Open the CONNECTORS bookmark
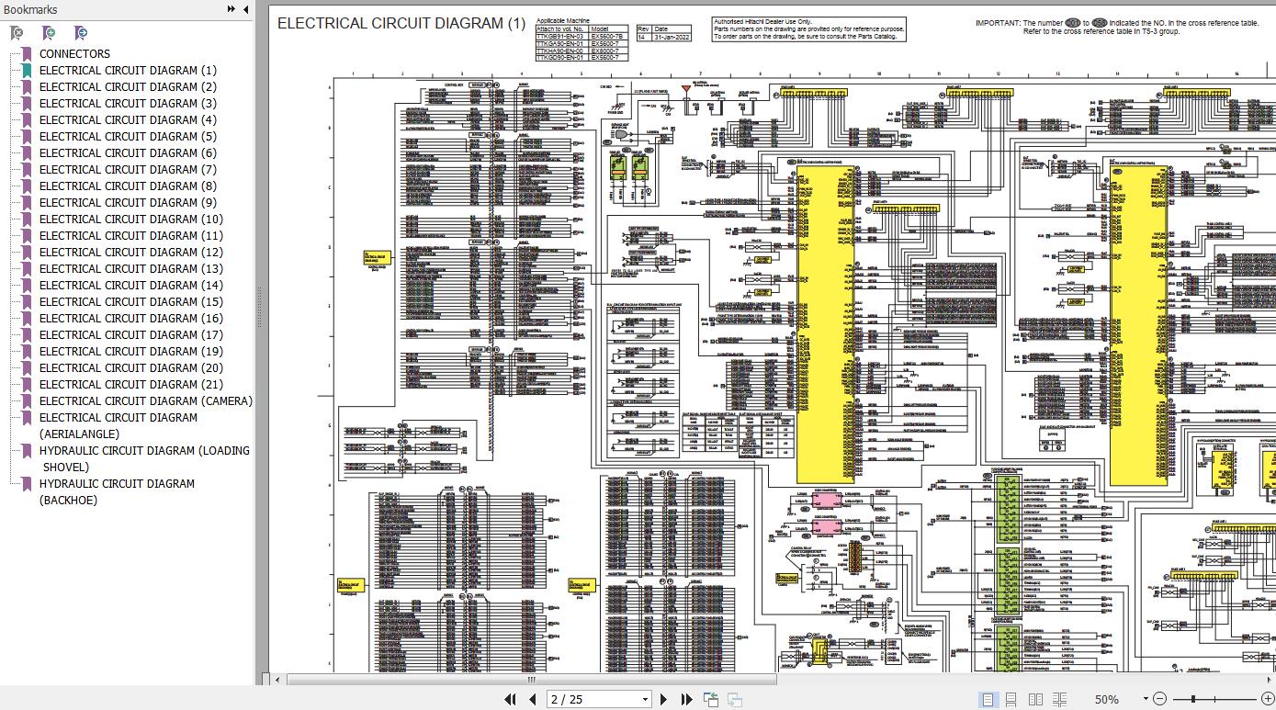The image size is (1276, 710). tap(74, 53)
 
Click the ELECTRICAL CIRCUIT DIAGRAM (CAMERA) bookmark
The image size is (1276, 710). tap(145, 400)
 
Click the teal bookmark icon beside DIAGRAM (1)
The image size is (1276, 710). tap(27, 71)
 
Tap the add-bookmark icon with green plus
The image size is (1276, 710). tap(49, 33)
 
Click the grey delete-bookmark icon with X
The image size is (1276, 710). tap(17, 33)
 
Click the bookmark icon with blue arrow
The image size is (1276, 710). tap(81, 33)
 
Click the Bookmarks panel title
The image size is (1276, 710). tap(30, 9)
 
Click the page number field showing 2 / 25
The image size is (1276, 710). tap(597, 699)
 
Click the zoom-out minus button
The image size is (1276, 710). tap(1159, 699)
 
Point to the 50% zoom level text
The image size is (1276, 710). tap(1106, 699)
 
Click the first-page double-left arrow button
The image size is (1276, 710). tap(510, 699)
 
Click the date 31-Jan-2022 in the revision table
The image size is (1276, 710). tap(667, 38)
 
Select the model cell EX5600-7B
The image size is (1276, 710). tap(609, 38)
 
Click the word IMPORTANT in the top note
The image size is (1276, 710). tap(997, 22)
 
